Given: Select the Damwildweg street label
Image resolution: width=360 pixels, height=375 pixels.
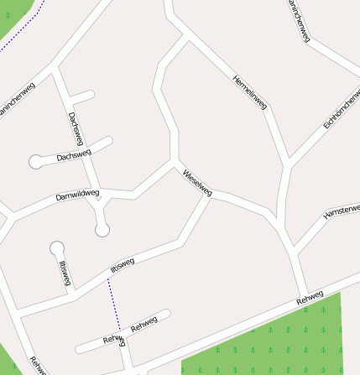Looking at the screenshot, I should click(77, 195).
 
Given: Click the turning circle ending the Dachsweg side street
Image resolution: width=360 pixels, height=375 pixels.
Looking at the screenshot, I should click(36, 161).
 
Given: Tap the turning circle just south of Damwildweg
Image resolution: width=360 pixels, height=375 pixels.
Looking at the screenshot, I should click(102, 229).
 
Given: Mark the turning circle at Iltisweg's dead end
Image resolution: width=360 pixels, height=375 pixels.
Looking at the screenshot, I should click(56, 247).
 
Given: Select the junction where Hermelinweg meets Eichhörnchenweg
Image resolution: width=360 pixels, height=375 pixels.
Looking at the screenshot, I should click(288, 159).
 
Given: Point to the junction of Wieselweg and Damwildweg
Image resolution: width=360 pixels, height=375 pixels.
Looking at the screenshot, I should click(174, 161).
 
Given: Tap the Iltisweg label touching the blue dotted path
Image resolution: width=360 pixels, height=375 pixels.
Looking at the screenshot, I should click(122, 266).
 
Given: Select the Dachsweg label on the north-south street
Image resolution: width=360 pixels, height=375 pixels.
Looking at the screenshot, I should click(76, 127).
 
